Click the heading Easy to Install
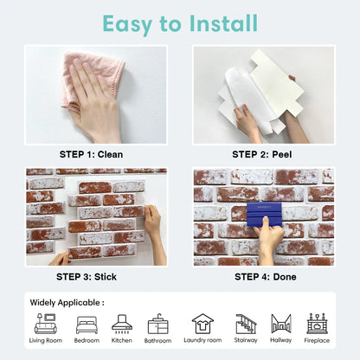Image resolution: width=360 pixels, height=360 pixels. point(180,22)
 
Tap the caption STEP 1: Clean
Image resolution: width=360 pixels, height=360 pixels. point(91,154)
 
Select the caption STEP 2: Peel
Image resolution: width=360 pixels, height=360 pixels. point(262,154)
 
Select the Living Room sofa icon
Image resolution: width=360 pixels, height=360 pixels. point(45,324)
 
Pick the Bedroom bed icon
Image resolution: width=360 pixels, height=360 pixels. point(87,325)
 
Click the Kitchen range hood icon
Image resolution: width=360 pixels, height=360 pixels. point(122,324)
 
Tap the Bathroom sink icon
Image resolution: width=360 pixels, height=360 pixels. point(158,325)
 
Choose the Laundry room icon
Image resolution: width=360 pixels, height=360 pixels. point(202,324)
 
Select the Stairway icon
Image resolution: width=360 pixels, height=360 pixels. point(246,324)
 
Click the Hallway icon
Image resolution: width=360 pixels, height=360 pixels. point(280,324)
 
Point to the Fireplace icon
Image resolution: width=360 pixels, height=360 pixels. point(317,324)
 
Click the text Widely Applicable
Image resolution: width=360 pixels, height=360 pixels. point(67,303)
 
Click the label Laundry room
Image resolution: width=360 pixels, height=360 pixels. point(202,341)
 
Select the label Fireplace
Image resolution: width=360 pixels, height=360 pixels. point(317,341)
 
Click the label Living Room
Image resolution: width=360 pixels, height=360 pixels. point(45,341)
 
